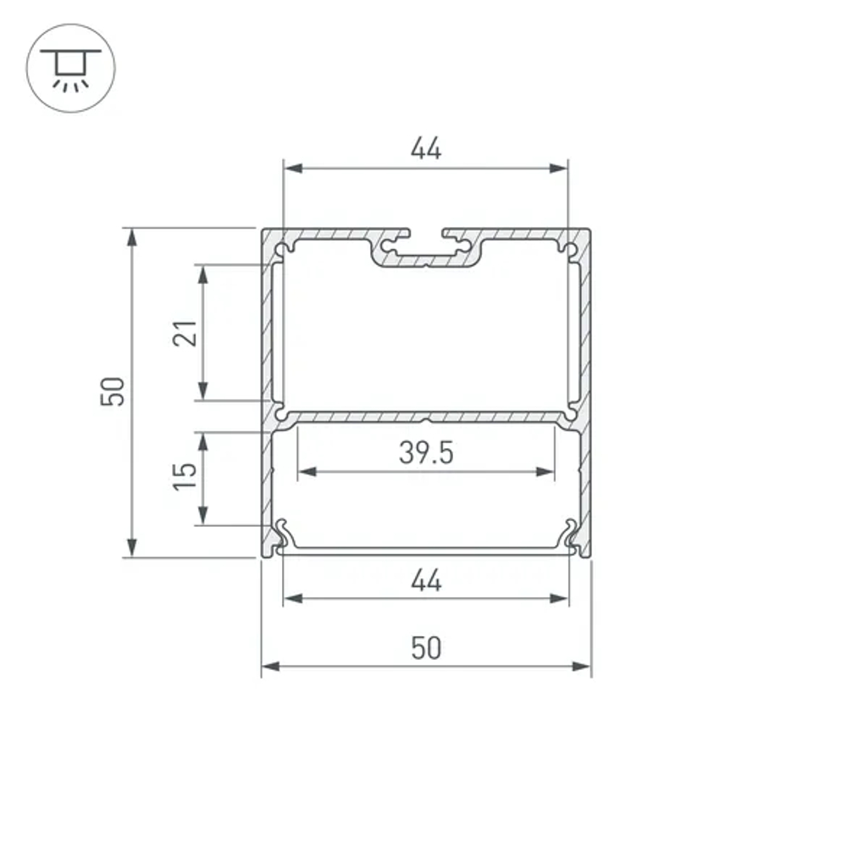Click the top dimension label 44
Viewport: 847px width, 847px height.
[x=426, y=149]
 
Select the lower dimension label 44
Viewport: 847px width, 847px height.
[x=426, y=581]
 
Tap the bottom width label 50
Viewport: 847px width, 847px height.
[x=426, y=649]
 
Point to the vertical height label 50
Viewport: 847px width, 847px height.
[x=113, y=391]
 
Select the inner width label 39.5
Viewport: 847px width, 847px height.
[x=426, y=453]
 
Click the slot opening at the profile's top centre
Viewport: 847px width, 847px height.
[x=426, y=232]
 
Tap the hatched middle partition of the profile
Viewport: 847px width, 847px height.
[x=356, y=418]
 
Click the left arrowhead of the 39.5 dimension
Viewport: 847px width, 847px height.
[x=305, y=472]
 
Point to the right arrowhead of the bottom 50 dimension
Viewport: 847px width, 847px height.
[x=582, y=667]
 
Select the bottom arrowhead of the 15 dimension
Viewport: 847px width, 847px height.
[x=203, y=516]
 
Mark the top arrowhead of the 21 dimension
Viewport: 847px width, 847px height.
[x=203, y=274]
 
